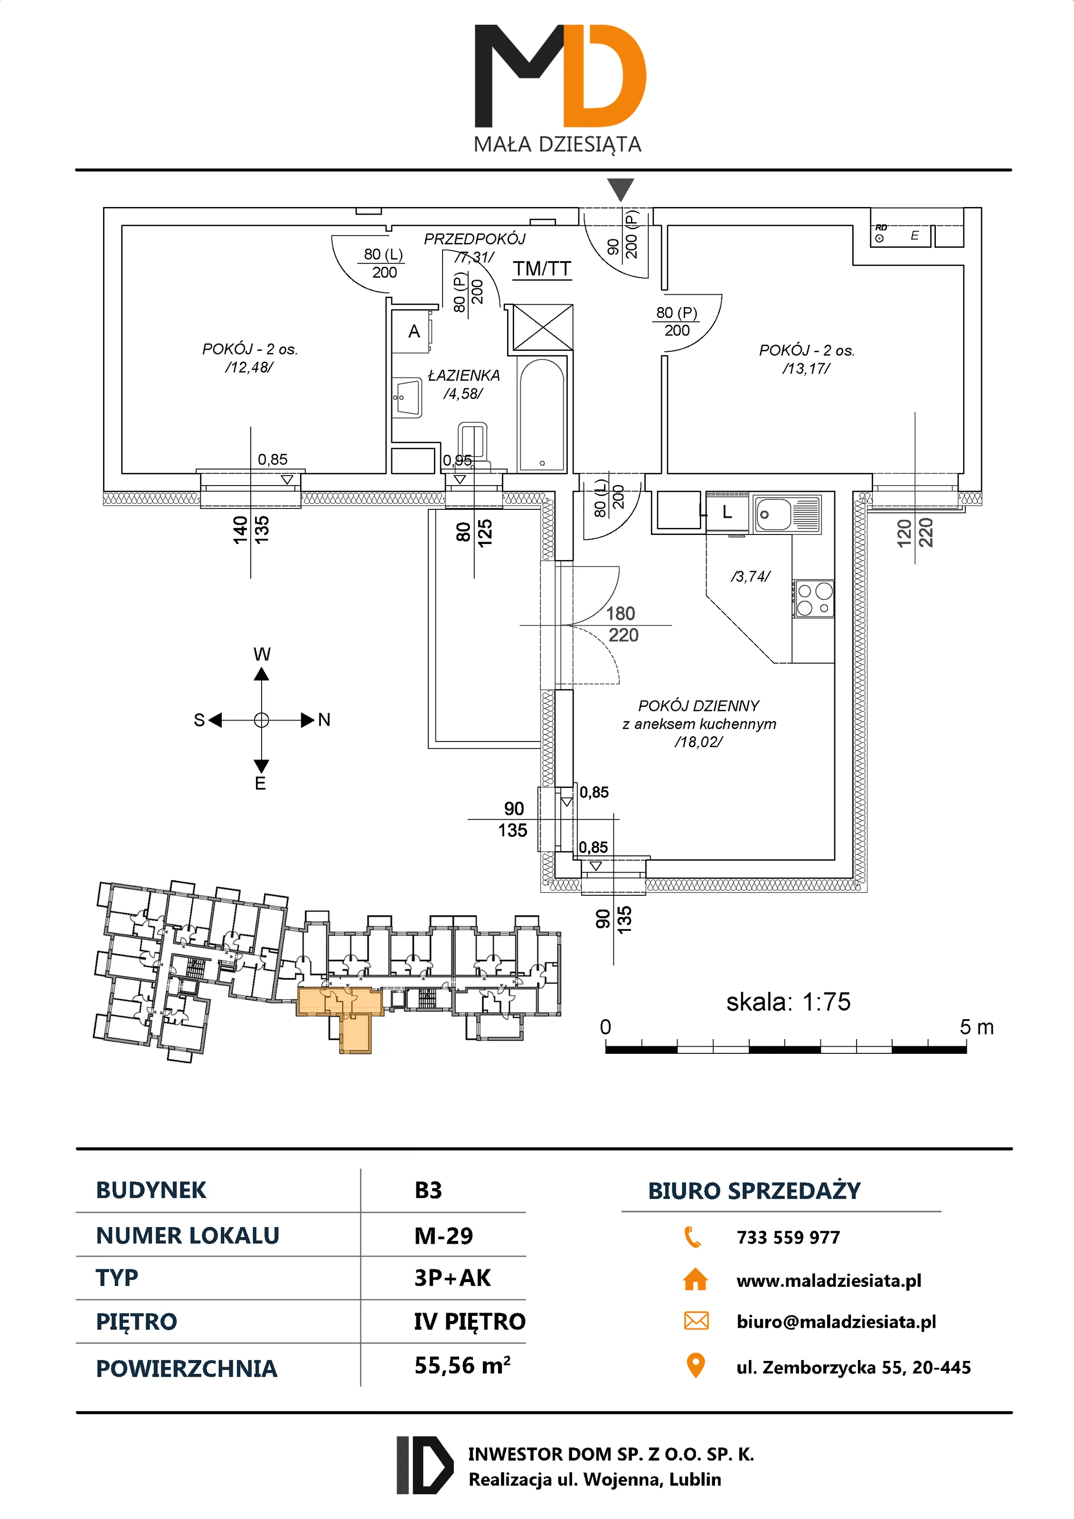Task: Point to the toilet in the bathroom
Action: click(472, 445)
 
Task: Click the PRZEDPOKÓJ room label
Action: click(474, 239)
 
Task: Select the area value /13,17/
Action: click(806, 368)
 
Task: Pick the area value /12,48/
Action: click(249, 367)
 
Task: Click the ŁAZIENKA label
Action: click(464, 375)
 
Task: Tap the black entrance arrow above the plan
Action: click(620, 190)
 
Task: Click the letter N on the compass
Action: click(324, 720)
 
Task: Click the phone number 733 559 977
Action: click(788, 1237)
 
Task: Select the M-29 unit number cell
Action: click(443, 1236)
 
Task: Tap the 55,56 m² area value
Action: click(462, 1365)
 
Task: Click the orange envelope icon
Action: click(696, 1321)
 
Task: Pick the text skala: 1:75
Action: click(788, 1002)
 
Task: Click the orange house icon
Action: click(695, 1279)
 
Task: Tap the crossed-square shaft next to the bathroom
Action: click(543, 327)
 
